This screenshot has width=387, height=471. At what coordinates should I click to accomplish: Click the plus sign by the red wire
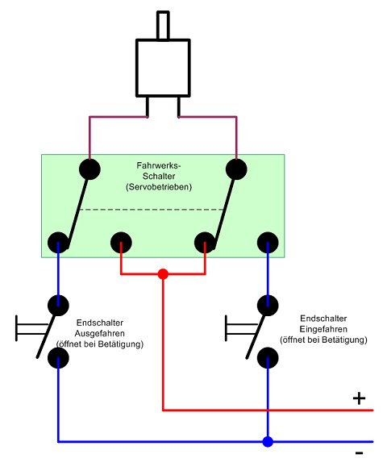click(359, 398)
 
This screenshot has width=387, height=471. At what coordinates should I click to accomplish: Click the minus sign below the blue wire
click(359, 453)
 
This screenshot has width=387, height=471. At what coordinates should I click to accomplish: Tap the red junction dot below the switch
click(163, 274)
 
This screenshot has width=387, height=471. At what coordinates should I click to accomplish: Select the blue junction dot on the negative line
click(268, 442)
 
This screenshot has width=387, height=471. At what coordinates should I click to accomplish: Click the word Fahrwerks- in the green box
click(159, 165)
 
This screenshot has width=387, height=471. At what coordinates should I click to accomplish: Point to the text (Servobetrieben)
click(159, 187)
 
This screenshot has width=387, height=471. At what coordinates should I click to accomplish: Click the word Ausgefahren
click(100, 333)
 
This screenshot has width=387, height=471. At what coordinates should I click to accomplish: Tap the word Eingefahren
click(323, 329)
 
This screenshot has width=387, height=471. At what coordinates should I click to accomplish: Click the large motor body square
click(163, 68)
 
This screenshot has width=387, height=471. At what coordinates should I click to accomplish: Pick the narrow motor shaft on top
click(163, 25)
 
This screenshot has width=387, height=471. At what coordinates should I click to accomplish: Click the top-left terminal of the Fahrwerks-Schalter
click(89, 169)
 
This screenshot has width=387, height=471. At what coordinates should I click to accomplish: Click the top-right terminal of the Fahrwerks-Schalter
click(236, 169)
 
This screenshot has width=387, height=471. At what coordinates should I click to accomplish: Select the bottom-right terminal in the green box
click(268, 243)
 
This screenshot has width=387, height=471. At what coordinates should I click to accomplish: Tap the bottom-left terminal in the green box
click(58, 243)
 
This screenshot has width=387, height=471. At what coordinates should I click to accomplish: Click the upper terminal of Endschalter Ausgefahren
click(58, 306)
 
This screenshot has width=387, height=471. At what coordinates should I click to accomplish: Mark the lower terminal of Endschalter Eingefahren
click(268, 358)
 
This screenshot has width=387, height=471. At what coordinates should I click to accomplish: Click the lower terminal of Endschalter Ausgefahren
click(58, 358)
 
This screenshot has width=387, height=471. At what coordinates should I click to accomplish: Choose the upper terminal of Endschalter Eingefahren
click(268, 306)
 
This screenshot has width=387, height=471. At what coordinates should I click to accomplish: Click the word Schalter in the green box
click(159, 176)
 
